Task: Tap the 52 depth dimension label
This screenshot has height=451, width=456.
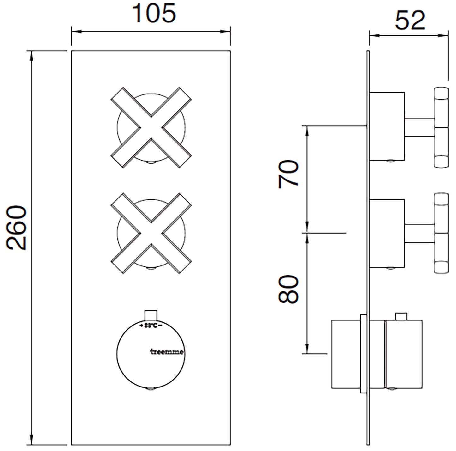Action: click(x=410, y=21)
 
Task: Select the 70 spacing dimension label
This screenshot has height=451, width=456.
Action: click(x=288, y=174)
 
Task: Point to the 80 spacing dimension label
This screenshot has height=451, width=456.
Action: click(x=288, y=289)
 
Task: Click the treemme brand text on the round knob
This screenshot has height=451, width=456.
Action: click(x=166, y=352)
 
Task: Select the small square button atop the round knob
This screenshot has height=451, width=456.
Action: click(x=151, y=315)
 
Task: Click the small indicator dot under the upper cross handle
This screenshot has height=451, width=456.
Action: click(x=151, y=163)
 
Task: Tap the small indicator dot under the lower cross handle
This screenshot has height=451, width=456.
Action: click(x=151, y=269)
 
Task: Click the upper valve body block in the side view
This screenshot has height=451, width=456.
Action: click(x=387, y=126)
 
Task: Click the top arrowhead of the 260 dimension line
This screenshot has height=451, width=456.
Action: click(x=31, y=55)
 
